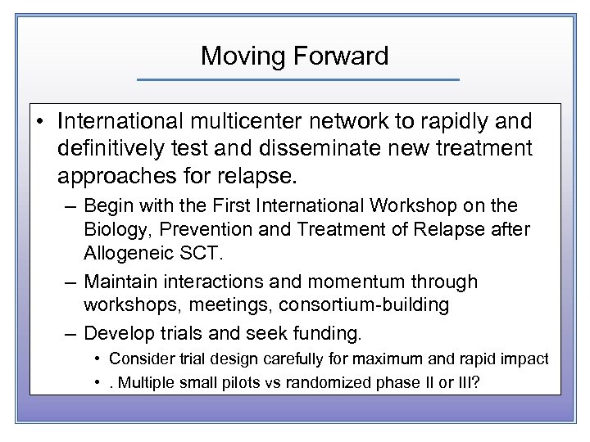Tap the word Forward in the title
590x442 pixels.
point(343,56)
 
